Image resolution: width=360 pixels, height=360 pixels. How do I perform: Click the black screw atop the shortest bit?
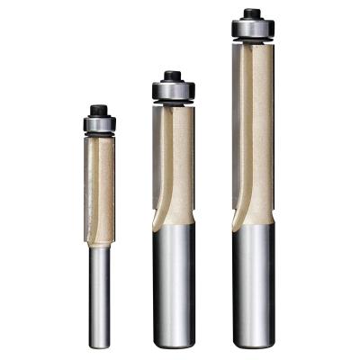(x=98, y=109)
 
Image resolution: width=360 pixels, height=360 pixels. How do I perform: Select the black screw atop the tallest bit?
(x=252, y=13)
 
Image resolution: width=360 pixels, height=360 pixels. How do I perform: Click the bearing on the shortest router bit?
(x=98, y=122)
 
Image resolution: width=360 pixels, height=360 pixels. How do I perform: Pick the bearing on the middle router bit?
(x=172, y=91)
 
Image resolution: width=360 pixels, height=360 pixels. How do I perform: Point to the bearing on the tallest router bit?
(x=252, y=28)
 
